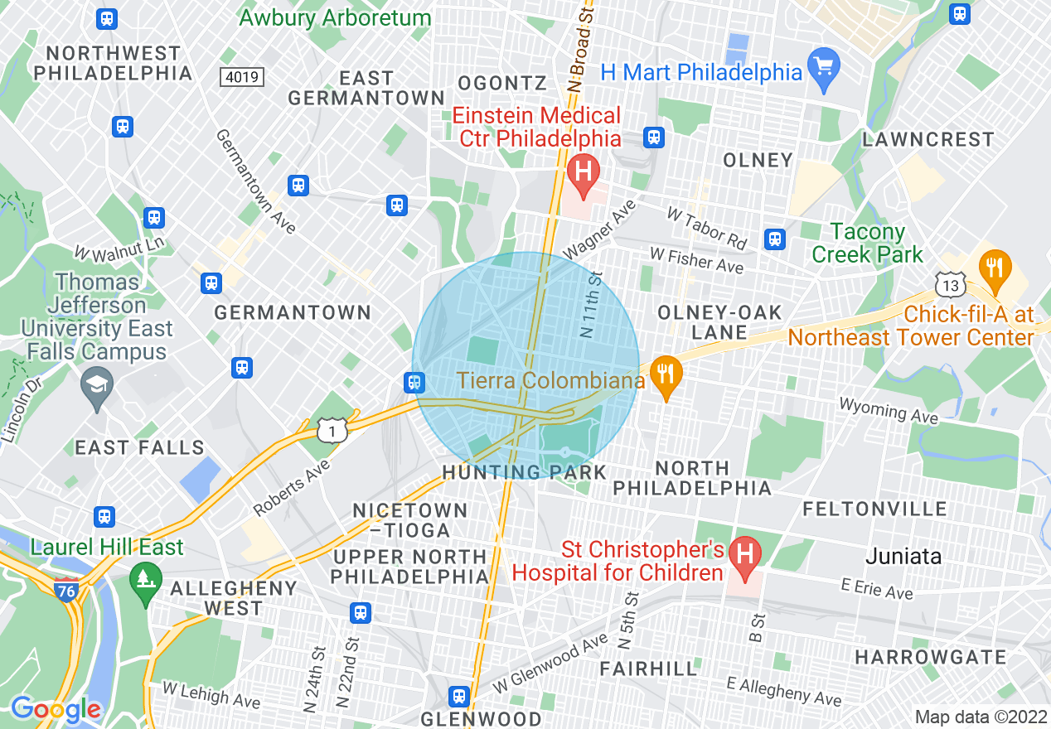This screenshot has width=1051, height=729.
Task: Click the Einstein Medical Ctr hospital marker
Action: pos(584,171)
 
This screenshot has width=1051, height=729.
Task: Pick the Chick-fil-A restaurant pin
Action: pos(995,268)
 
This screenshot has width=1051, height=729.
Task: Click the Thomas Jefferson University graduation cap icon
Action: pos(97,385)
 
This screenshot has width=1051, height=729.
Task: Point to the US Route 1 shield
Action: pos(332,430)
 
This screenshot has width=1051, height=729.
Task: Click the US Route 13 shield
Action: pos(950,284)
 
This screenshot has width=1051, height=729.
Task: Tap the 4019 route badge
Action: pos(242,77)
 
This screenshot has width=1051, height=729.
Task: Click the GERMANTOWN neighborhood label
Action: pos(293,312)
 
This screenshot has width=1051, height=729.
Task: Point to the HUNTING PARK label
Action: pos(524,472)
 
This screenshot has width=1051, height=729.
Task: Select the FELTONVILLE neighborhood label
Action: pos(874,509)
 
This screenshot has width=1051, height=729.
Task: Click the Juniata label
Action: pos(903,556)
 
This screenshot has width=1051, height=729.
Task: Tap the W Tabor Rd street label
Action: pos(707,229)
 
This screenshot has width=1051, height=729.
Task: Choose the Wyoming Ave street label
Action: pos(888,410)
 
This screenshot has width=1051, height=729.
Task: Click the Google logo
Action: pos(56,709)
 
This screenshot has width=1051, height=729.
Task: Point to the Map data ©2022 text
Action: pos(981,717)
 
